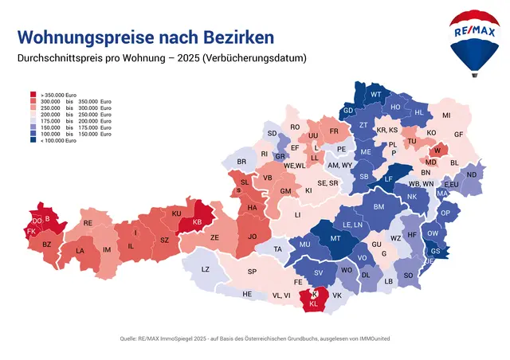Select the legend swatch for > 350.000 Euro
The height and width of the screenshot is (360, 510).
pos(33,93)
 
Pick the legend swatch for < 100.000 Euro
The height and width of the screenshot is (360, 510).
pos(33,140)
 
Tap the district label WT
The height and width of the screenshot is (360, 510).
pos(376,95)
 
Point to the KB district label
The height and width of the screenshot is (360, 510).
pos(197,221)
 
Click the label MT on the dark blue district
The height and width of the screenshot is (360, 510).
pos(335,239)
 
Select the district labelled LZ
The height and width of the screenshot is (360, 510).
pos(205,269)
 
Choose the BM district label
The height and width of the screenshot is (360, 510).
pos(379,207)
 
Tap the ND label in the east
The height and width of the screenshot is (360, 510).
pos(471,174)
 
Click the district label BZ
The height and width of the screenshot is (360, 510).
pos(46,245)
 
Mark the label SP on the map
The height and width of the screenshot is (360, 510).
pos(252,272)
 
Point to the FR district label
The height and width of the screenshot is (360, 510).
pos(334,131)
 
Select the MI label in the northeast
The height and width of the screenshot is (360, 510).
pos(446,115)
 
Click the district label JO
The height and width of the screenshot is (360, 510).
pos(253,237)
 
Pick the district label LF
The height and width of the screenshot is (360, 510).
pos(388,179)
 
